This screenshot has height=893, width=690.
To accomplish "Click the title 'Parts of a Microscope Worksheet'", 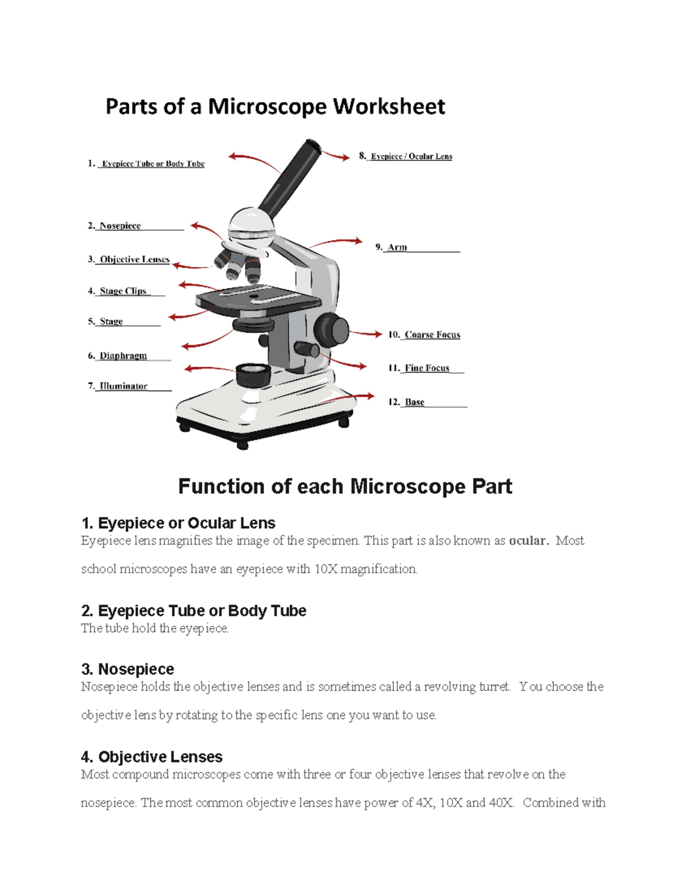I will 275,107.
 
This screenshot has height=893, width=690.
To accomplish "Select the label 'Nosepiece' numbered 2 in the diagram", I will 120,226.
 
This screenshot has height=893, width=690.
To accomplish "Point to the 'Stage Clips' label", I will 123,291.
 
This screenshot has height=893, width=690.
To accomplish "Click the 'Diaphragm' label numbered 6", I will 123,356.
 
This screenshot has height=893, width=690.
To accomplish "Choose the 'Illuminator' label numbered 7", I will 123,386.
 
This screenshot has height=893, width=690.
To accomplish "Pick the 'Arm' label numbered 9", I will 397,247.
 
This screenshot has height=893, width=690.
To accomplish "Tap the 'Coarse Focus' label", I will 432,335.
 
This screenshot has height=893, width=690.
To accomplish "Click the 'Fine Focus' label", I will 427,368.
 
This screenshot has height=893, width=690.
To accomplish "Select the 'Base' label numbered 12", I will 414,402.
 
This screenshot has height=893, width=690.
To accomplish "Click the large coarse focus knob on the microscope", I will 331,329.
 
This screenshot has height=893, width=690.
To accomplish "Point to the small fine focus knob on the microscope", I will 306,348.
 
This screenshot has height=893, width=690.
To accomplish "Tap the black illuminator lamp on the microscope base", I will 252,374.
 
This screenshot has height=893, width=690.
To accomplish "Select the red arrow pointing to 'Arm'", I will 336,242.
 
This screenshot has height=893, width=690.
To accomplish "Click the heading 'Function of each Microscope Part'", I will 345,486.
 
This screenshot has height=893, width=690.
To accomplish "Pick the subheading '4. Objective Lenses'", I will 152,757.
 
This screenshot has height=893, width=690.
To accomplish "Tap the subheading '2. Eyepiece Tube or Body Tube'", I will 194,611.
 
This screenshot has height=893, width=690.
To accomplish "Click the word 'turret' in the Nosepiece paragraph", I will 494,687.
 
